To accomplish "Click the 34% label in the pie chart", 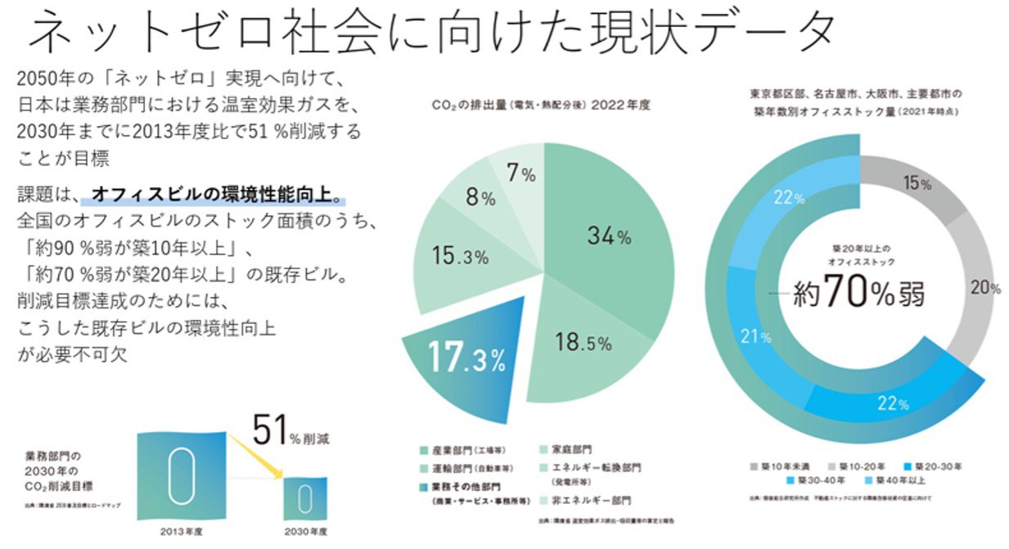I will [609, 236].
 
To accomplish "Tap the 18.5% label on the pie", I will [583, 342].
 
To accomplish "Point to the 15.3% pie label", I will [459, 257].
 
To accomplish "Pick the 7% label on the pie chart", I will [521, 173].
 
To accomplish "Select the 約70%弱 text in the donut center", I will [859, 293].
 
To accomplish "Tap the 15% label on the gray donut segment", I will [917, 184].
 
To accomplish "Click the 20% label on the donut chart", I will [985, 287].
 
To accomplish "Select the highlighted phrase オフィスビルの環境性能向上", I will [215, 196].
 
